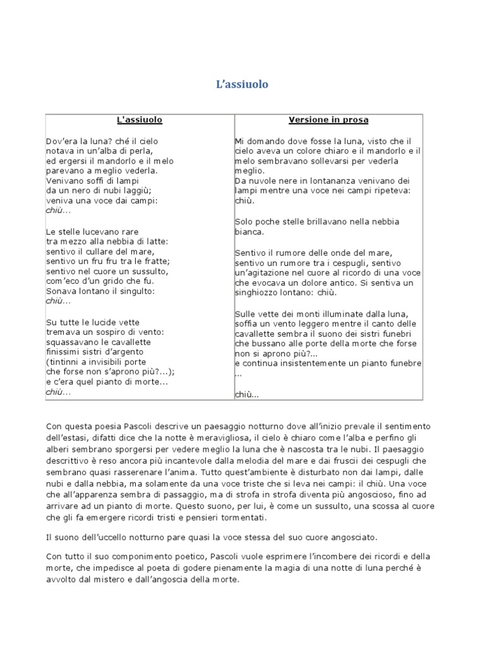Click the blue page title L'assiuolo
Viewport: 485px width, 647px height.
(x=242, y=84)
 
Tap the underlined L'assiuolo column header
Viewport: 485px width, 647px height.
(x=140, y=119)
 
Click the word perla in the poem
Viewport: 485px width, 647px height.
(x=143, y=152)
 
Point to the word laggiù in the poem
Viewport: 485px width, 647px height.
(x=137, y=191)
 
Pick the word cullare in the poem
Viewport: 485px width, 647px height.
(x=95, y=251)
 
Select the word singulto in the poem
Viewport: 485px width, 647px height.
(x=136, y=291)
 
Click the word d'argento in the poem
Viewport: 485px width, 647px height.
(x=126, y=351)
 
